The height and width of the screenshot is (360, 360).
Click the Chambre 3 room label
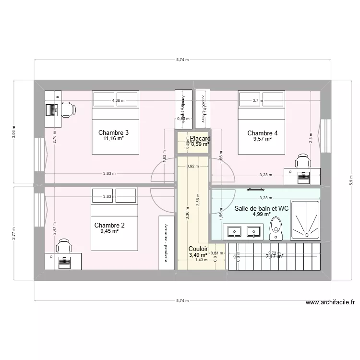tap(113, 132)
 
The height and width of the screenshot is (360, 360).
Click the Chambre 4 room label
tap(262, 133)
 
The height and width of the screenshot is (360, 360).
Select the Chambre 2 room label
tap(109, 225)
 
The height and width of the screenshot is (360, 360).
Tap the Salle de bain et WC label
tap(261, 208)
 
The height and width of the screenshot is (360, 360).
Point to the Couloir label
tap(198, 249)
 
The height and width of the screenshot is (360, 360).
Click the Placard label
tap(200, 138)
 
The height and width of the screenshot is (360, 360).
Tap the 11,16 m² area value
tap(113, 139)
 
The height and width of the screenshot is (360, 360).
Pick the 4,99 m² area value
tap(262, 215)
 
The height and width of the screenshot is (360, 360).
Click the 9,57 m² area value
tap(263, 139)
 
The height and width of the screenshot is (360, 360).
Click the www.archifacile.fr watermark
tap(330, 302)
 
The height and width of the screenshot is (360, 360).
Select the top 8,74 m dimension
tap(182, 60)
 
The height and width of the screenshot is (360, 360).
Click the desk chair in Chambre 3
tap(67, 109)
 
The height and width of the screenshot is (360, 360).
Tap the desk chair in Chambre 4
tap(302, 161)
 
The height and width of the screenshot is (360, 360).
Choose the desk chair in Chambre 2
tap(63, 247)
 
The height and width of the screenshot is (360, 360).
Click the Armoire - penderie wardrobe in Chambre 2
tap(166, 242)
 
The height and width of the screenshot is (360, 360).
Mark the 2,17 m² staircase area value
tap(274, 256)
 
